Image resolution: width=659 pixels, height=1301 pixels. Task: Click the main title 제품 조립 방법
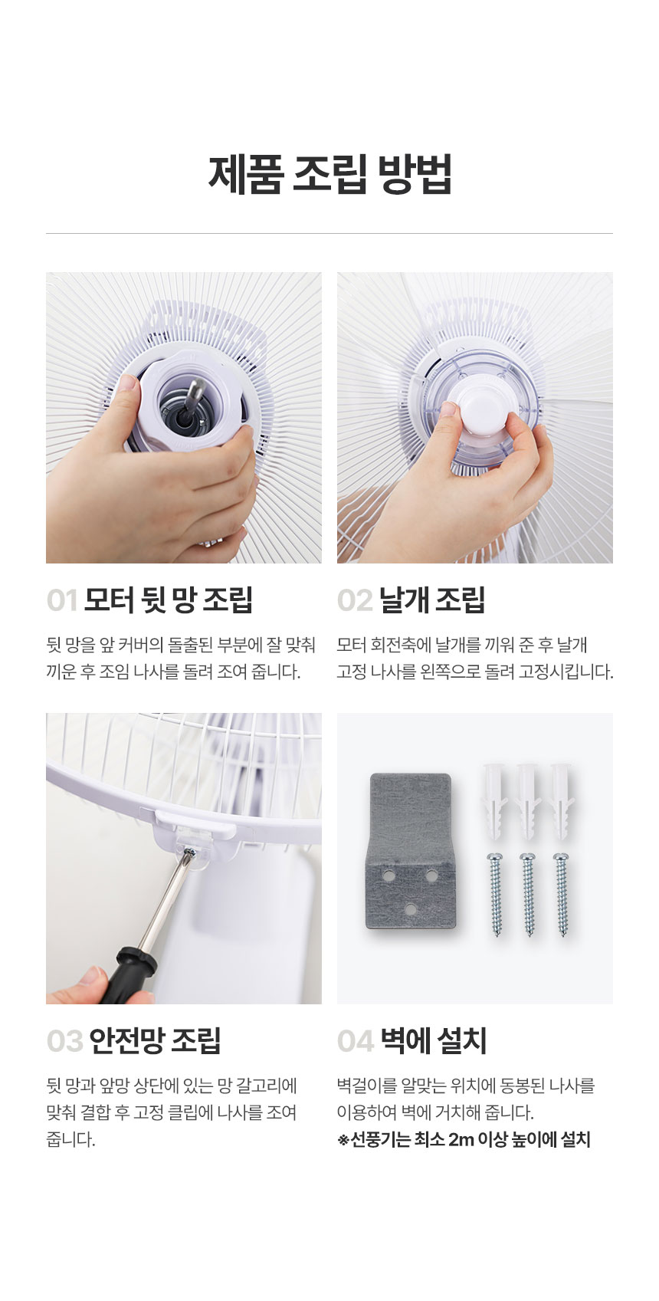point(329,174)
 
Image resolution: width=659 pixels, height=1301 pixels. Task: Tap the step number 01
point(62,600)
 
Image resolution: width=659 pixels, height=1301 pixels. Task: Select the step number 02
point(355,600)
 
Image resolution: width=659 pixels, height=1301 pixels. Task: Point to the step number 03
point(65,1041)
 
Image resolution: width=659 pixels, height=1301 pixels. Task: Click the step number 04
point(356,1041)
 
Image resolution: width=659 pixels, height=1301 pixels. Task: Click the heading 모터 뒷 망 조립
point(169,600)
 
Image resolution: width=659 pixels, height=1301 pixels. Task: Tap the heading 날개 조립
point(432,600)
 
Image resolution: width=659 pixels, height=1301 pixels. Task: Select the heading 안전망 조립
point(155,1041)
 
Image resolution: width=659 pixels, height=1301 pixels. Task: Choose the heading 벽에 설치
point(434,1041)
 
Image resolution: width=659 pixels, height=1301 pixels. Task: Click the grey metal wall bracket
point(411,851)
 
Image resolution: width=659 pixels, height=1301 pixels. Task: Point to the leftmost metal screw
point(496,894)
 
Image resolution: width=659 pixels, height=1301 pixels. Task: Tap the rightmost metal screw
point(562,894)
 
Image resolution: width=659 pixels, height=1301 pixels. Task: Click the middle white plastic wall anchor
point(528,800)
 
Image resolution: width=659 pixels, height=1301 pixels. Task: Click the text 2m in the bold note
point(461,1140)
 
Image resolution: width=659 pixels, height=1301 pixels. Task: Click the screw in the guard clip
point(189,852)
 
